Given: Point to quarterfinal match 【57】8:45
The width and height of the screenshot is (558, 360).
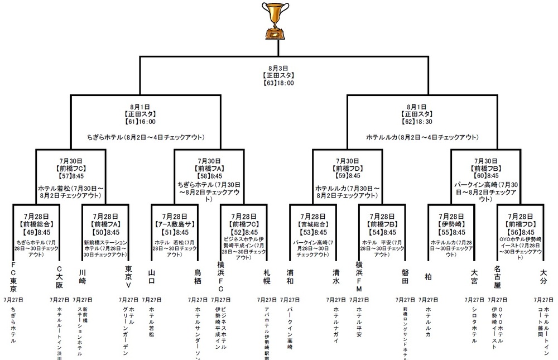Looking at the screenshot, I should (70, 175).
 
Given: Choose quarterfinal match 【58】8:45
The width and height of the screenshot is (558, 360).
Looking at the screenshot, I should (209, 175).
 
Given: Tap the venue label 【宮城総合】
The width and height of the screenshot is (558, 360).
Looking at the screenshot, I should (312, 224).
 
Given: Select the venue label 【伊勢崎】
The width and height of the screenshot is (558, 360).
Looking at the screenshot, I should (450, 224).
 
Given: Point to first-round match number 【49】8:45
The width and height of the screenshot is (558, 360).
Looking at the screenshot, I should (36, 232).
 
